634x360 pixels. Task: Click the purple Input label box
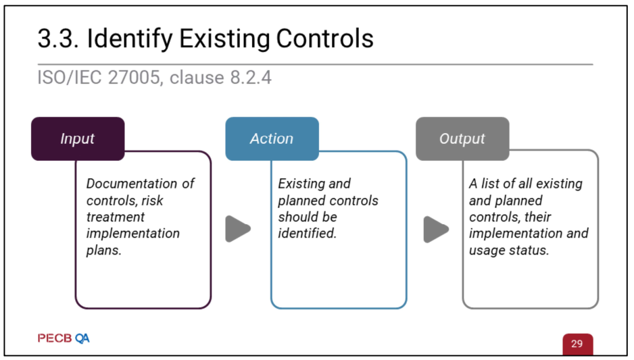click(78, 138)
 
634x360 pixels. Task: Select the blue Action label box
click(272, 138)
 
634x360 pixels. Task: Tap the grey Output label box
click(462, 138)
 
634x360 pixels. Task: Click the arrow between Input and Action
click(238, 229)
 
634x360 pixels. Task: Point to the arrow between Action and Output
click(436, 229)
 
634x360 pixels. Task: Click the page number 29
click(577, 343)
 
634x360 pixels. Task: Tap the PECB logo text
click(55, 338)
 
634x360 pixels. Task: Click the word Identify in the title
click(130, 39)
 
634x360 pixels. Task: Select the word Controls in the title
click(324, 38)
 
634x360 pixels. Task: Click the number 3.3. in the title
click(58, 38)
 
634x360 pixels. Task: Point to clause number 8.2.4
click(251, 77)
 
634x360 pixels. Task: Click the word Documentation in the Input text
click(132, 184)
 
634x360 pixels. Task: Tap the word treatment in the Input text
click(115, 217)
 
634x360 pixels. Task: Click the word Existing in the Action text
click(301, 184)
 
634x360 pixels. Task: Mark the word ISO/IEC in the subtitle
click(70, 77)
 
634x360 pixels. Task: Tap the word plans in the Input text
click(104, 251)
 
